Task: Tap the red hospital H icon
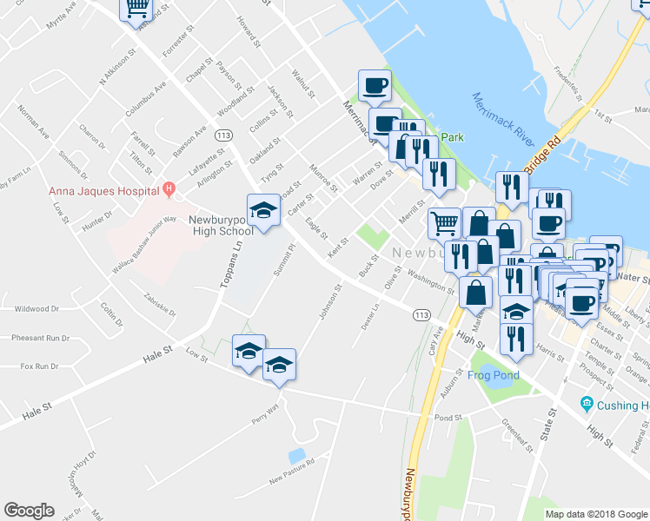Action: tap(169, 188)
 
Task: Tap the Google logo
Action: tap(29, 511)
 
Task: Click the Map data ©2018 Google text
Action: tap(596, 514)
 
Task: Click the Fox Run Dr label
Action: tap(39, 366)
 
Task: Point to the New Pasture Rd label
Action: tap(291, 474)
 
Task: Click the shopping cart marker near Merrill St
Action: tap(444, 224)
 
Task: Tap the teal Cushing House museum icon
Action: tap(587, 405)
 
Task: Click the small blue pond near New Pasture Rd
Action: tap(296, 455)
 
